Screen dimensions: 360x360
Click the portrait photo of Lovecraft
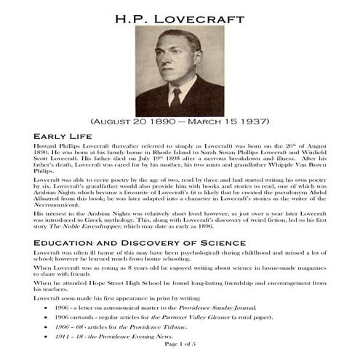pyautogui.click(x=180, y=71)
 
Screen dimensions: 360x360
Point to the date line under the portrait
pyautogui.click(x=180, y=123)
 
